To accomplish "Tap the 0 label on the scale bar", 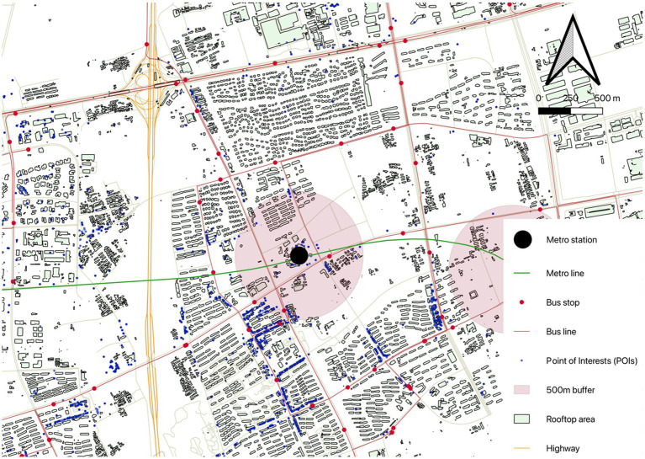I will point(538,99).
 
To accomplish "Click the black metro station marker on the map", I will point(299,255).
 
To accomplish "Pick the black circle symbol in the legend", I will point(522,240).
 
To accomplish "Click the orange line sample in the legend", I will point(522,448).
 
